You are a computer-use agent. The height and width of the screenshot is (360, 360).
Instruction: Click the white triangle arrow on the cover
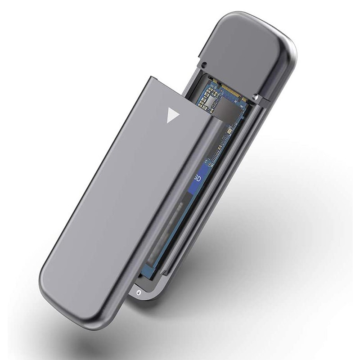172,115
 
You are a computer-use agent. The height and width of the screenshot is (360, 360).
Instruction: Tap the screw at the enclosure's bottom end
139,292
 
